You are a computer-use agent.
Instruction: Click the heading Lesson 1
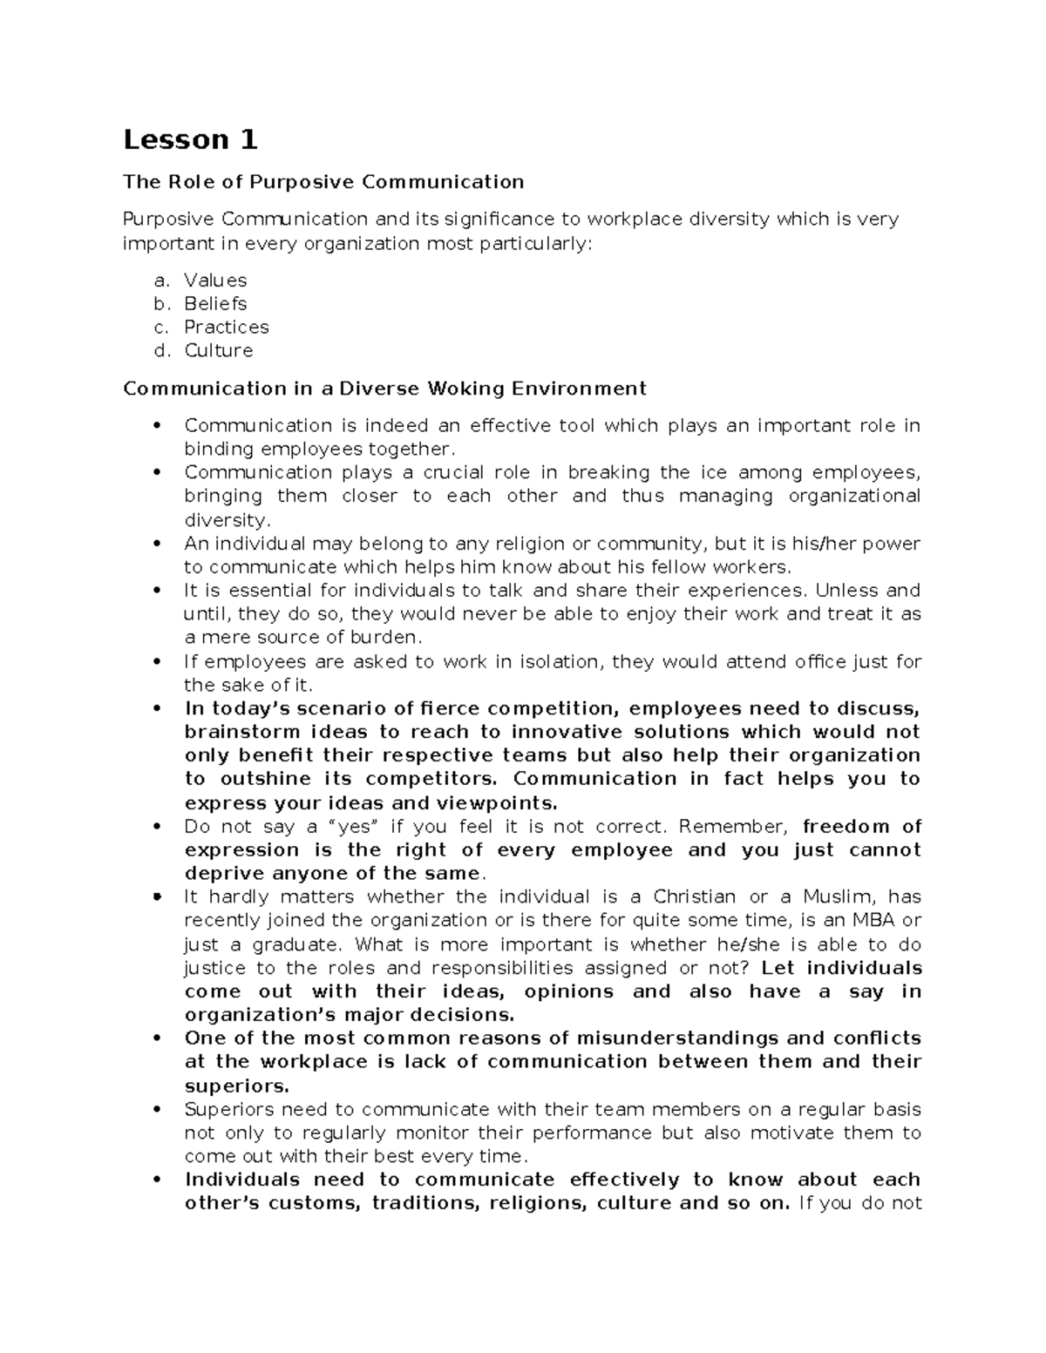coord(191,139)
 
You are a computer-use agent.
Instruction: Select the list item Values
coord(215,281)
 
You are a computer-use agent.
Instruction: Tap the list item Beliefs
coord(215,304)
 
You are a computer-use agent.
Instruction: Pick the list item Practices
coord(226,328)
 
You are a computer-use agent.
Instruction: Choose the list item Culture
coord(218,351)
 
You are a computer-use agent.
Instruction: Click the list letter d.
coord(159,351)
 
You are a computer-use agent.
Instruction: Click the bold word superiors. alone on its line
coord(236,1086)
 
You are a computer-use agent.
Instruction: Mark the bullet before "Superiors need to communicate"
coord(158,1110)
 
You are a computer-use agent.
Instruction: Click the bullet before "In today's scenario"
coord(158,708)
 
